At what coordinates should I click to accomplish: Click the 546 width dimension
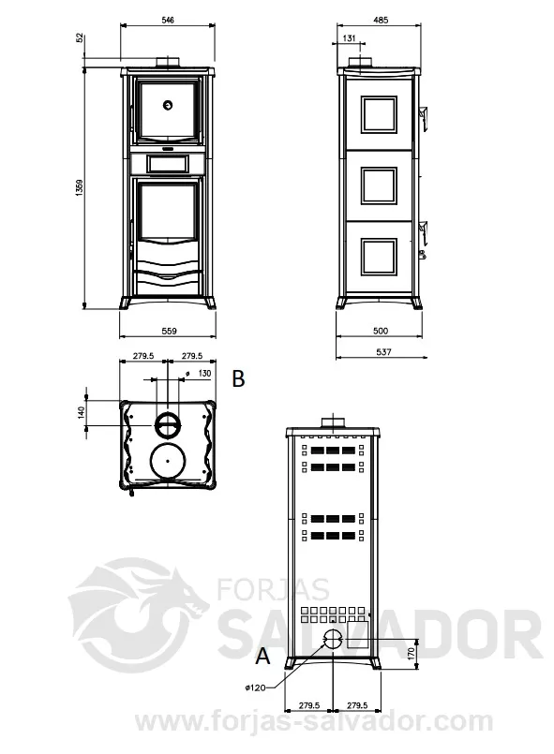pos(168,20)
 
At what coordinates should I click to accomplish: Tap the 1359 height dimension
pos(80,187)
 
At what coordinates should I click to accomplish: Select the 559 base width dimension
pos(169,331)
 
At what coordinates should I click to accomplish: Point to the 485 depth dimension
pos(381,21)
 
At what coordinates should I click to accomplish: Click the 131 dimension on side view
pos(349,38)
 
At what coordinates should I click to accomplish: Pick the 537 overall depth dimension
pos(383,352)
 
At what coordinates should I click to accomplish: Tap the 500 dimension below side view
pos(381,331)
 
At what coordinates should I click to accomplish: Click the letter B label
pos(238,379)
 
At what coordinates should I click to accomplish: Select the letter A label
pos(262,656)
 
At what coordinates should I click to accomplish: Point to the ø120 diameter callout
pos(255,688)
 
